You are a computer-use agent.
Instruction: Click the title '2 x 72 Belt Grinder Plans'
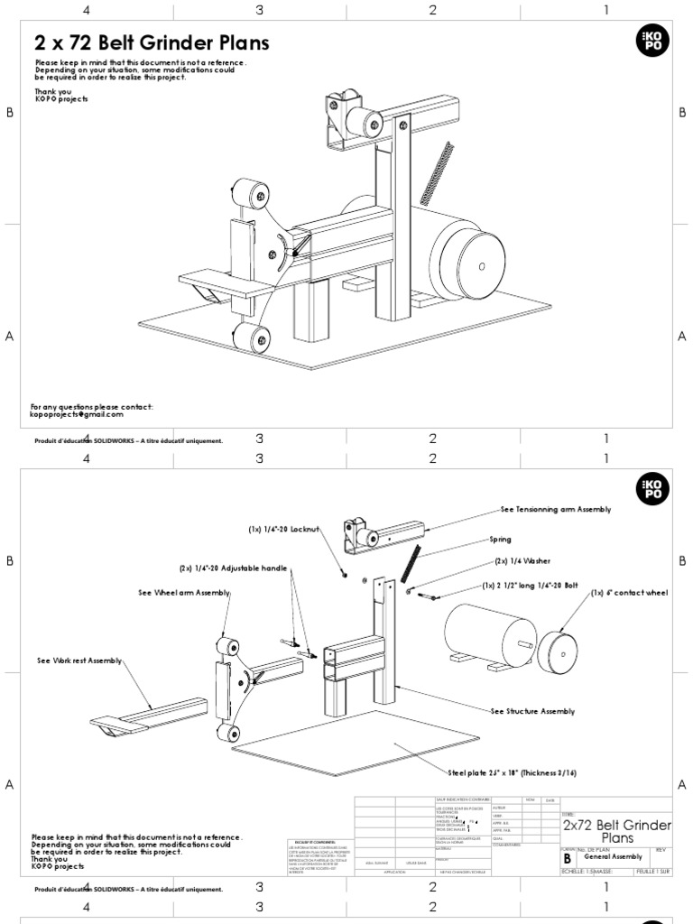152,43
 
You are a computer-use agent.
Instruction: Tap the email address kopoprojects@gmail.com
77,415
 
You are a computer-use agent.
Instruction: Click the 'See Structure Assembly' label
532,712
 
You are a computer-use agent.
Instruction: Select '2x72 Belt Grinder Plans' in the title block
617,831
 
